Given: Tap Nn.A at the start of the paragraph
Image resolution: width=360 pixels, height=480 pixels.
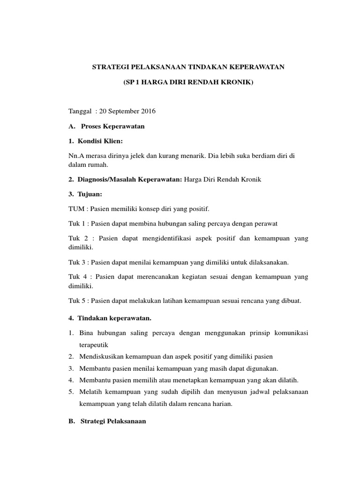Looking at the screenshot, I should coord(76,156).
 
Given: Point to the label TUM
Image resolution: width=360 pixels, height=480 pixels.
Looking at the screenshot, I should coord(76,208).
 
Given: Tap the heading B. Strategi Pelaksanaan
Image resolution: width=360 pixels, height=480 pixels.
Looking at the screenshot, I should coord(107,421).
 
